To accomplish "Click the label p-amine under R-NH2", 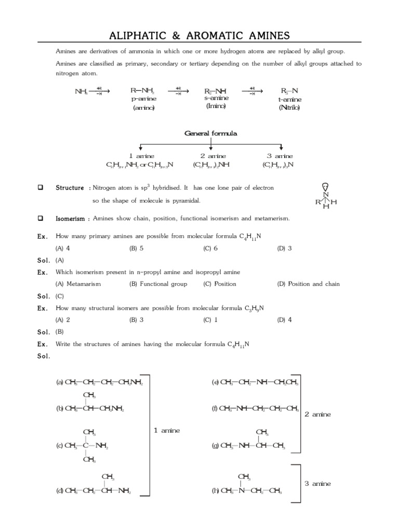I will pos(144,99).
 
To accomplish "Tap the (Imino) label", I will pos(217,107).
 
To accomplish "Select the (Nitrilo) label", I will pos(289,108).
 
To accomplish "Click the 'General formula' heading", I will pos(211,134).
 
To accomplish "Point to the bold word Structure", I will pos(70,188).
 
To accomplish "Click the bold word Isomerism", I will pos(71,219).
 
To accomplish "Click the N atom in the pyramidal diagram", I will pos(326,195).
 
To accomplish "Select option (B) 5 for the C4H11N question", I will pos(136,248).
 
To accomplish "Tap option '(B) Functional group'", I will pos(158,284).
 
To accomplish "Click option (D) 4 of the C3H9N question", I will pos(285,320).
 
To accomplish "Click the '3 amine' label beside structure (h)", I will pos(317,484).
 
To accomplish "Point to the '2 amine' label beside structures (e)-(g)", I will pos(317,414).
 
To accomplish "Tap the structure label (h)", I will pos(216,490).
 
